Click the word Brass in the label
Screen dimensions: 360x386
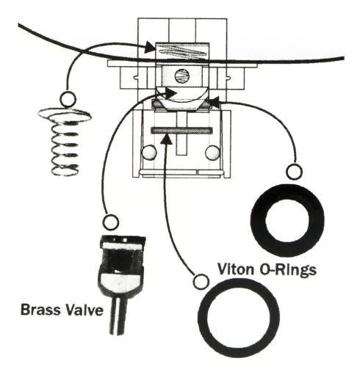tap(40, 310)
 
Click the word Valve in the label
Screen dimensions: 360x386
tap(82, 310)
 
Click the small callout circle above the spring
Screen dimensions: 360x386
tap(68, 99)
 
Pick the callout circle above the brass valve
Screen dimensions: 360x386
tap(110, 222)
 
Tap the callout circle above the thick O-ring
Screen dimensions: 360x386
tap(294, 172)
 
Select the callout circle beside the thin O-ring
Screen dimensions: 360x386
tap(201, 282)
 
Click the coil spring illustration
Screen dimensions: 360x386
tap(65, 142)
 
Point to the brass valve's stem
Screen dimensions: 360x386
tap(118, 316)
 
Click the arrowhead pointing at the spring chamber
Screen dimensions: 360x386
tap(151, 47)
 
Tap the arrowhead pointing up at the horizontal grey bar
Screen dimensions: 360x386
tap(167, 139)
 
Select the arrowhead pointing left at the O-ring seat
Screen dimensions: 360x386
tap(214, 102)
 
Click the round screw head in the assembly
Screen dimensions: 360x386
tap(182, 76)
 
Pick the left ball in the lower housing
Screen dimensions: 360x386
tap(149, 153)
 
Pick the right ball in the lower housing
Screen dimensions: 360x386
tap(212, 153)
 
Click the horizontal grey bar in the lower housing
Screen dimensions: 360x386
tap(181, 131)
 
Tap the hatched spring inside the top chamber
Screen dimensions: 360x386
tap(182, 51)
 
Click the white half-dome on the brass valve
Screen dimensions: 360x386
tap(120, 283)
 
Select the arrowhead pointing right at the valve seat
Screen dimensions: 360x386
tap(170, 92)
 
